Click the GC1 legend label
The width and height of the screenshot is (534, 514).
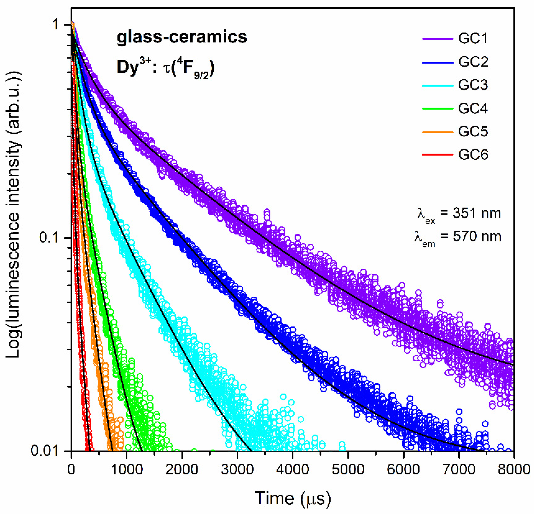tap(473, 39)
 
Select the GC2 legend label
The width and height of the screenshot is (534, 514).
tap(473, 62)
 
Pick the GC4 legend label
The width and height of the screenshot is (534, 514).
tap(473, 109)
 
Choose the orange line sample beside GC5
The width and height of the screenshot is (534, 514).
tap(437, 132)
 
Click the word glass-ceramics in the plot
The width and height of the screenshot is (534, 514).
tap(182, 37)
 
